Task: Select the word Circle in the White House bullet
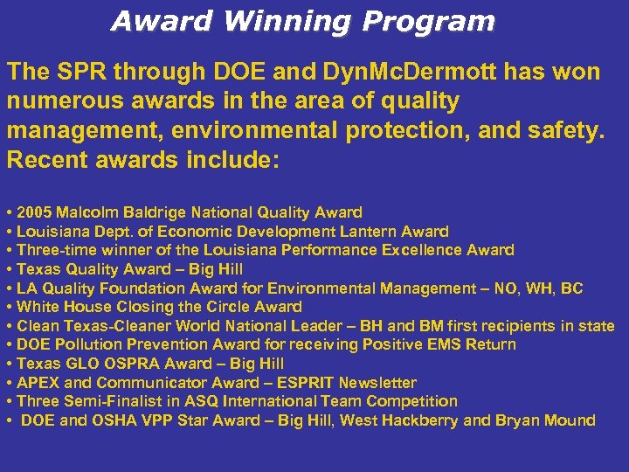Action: pyautogui.click(x=227, y=307)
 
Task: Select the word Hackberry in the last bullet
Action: pyautogui.click(x=420, y=420)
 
